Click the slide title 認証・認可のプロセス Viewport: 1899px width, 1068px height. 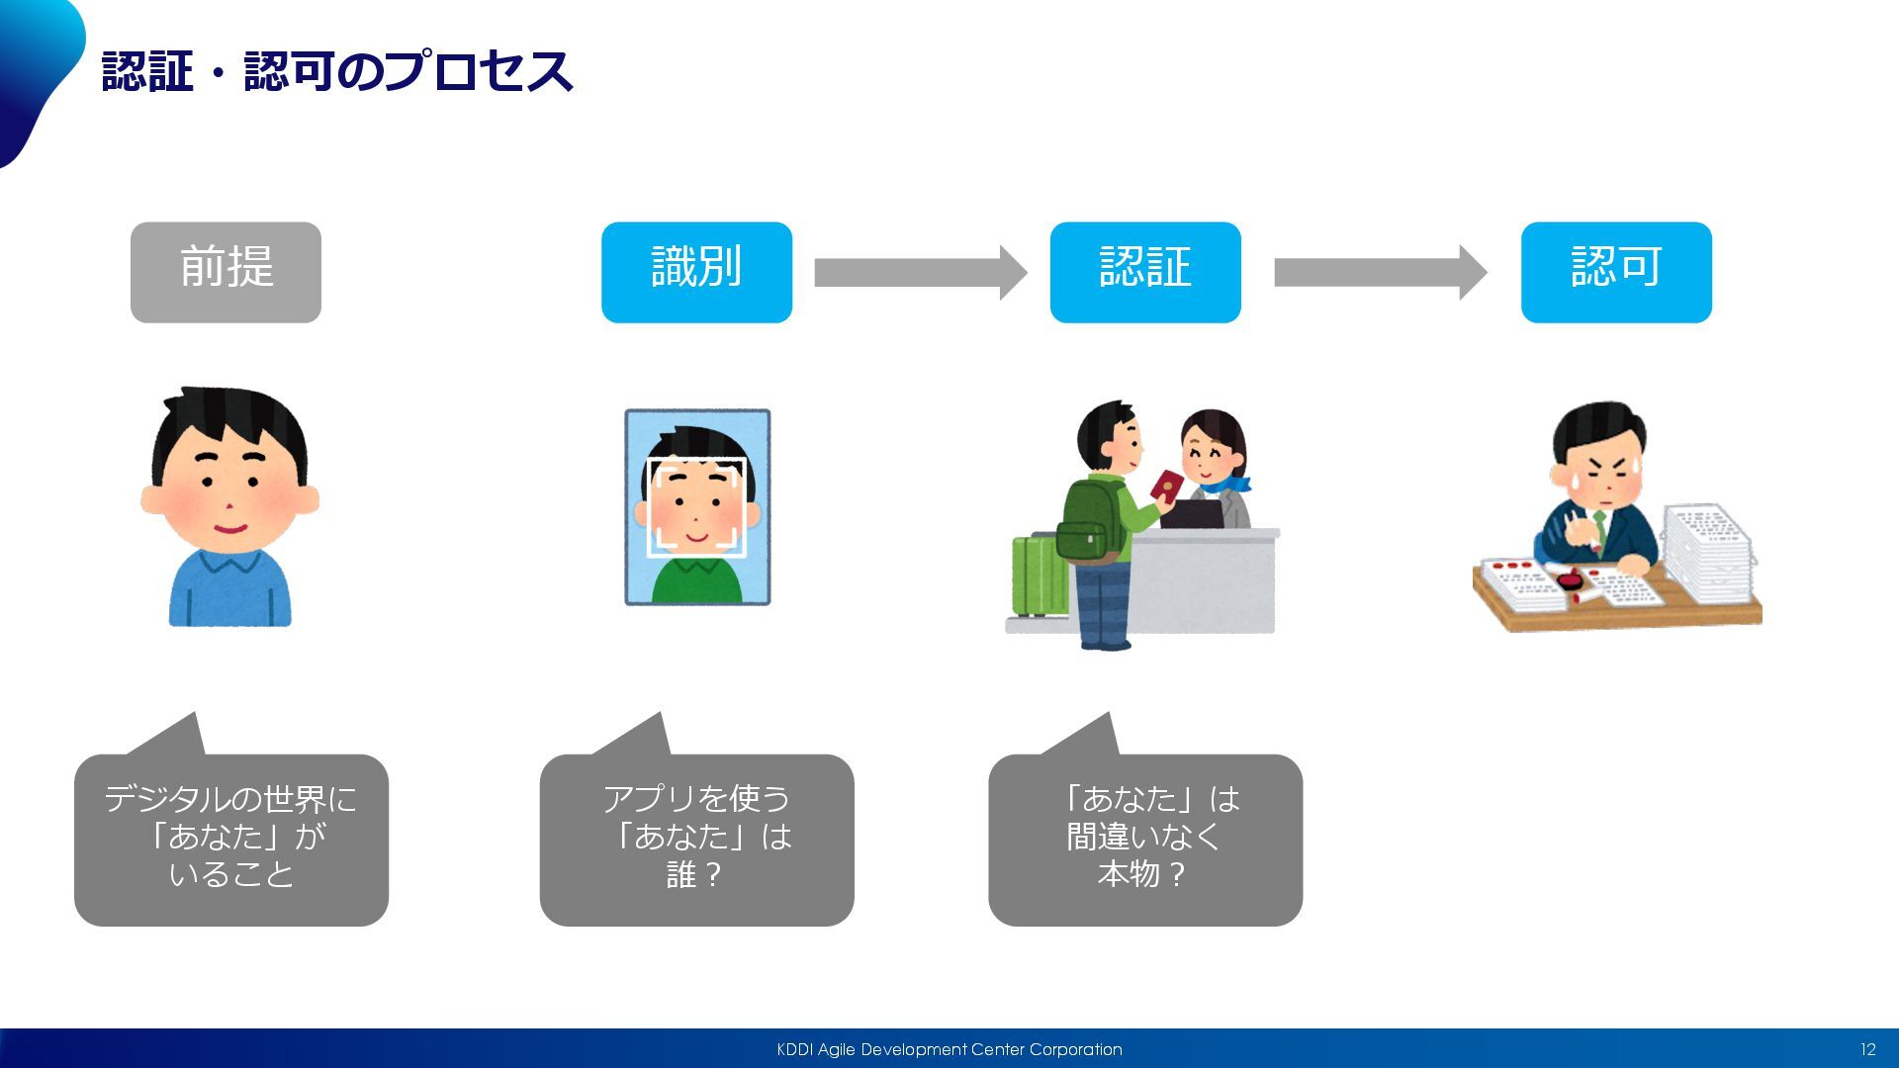(x=336, y=71)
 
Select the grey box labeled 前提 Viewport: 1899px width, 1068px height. (x=226, y=272)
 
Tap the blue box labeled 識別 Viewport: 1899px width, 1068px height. (x=696, y=272)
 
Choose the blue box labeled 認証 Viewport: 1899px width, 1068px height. (x=1144, y=272)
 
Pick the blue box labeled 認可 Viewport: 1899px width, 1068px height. (x=1616, y=272)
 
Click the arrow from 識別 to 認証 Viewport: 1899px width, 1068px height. (x=920, y=272)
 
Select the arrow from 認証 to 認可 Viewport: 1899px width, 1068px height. (x=1380, y=272)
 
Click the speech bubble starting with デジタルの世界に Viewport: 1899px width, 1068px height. (x=231, y=840)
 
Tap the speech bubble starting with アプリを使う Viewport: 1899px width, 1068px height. (x=696, y=840)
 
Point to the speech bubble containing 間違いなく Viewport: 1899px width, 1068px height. (x=1144, y=840)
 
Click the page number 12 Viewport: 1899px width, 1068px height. (x=1867, y=1049)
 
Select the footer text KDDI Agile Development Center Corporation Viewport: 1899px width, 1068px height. (x=949, y=1049)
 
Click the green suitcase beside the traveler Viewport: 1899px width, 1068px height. (x=1037, y=577)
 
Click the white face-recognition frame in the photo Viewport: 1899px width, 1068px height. (x=696, y=508)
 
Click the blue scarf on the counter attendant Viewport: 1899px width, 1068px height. (x=1226, y=486)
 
